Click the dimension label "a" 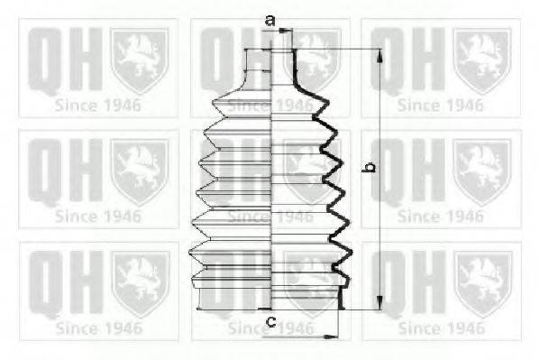(x=269, y=19)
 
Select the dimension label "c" (x=270, y=321)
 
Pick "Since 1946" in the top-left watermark (x=97, y=106)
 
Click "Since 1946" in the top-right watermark (x=439, y=106)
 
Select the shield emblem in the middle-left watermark (x=139, y=171)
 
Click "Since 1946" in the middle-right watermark (x=439, y=217)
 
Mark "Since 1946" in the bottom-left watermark (x=97, y=328)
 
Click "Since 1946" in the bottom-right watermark (x=439, y=328)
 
